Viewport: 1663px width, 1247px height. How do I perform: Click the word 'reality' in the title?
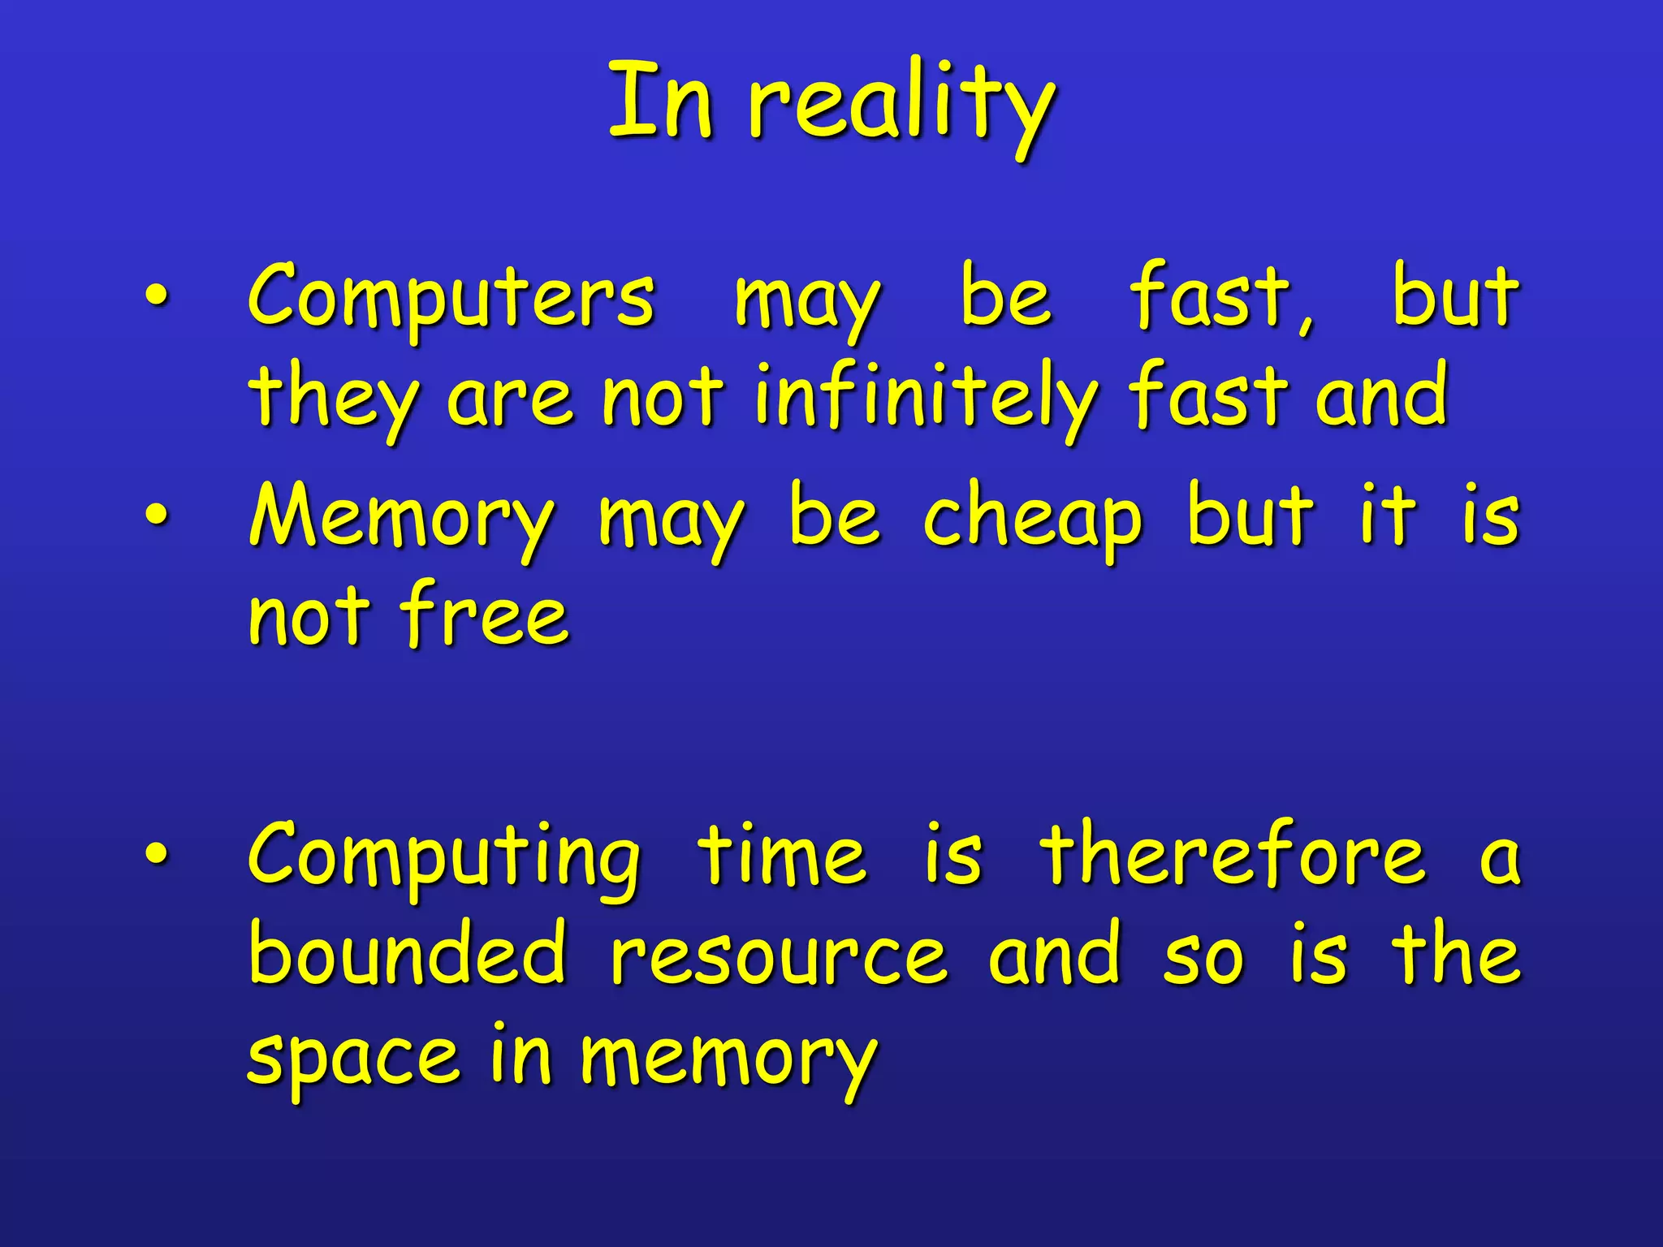[x=901, y=106]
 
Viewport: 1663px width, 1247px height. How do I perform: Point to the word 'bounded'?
[x=407, y=953]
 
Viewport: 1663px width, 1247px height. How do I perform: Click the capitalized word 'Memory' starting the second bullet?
[x=402, y=520]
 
